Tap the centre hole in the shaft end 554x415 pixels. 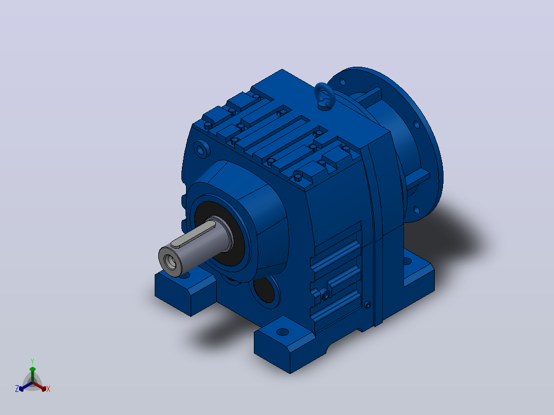pos(172,262)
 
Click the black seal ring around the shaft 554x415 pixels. pos(217,233)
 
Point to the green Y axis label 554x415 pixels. pos(32,361)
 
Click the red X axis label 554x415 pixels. pos(48,389)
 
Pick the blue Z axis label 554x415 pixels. pos(17,388)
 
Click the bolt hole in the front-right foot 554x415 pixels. pos(282,332)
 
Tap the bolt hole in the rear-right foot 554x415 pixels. pos(407,262)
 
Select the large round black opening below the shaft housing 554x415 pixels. pos(265,289)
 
